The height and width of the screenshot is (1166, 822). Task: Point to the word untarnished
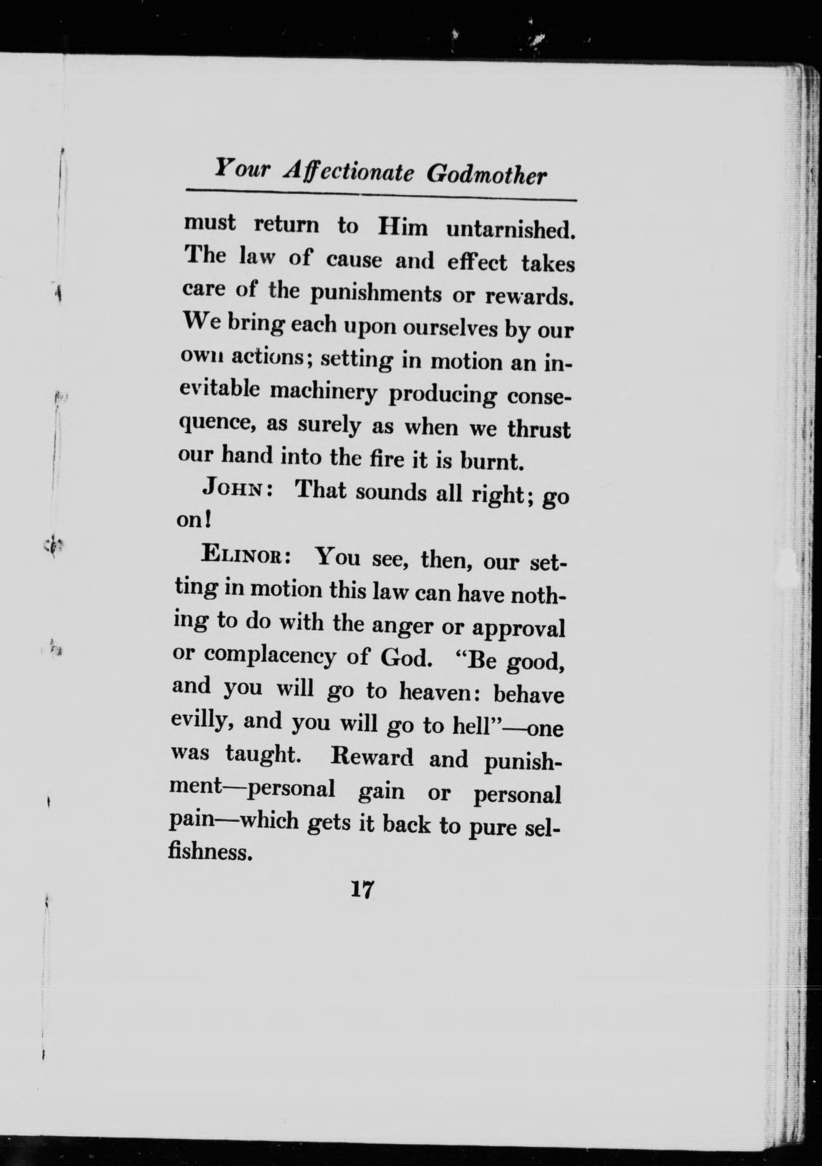[x=510, y=230]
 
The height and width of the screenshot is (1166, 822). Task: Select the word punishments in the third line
[x=376, y=293]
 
